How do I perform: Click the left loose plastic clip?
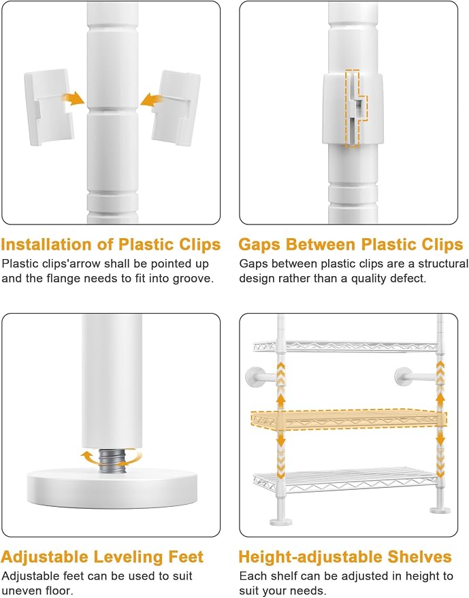click(x=49, y=107)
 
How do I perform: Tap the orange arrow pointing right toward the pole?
click(x=74, y=99)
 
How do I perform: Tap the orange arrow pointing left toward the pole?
click(x=152, y=100)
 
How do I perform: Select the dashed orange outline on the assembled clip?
click(x=356, y=108)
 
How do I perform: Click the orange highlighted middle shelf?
click(x=349, y=419)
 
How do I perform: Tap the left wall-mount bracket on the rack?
click(x=261, y=377)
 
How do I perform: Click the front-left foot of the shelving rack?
click(x=281, y=521)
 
